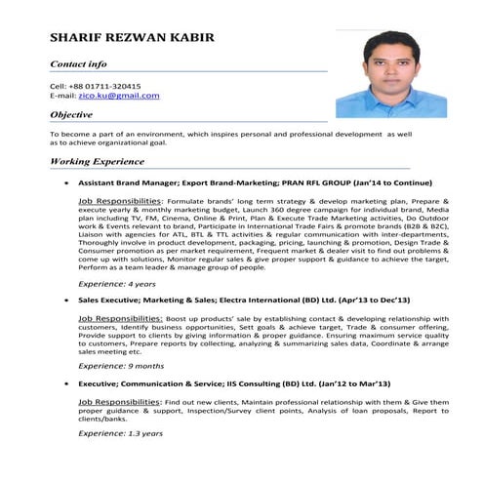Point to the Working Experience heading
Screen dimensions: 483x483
click(x=97, y=160)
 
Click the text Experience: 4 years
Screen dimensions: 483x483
click(x=116, y=283)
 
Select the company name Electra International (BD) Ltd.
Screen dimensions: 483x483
click(x=272, y=300)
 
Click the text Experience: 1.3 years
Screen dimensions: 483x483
click(x=120, y=432)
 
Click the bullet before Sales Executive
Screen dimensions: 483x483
click(x=65, y=300)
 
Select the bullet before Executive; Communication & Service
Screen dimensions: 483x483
click(x=65, y=382)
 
